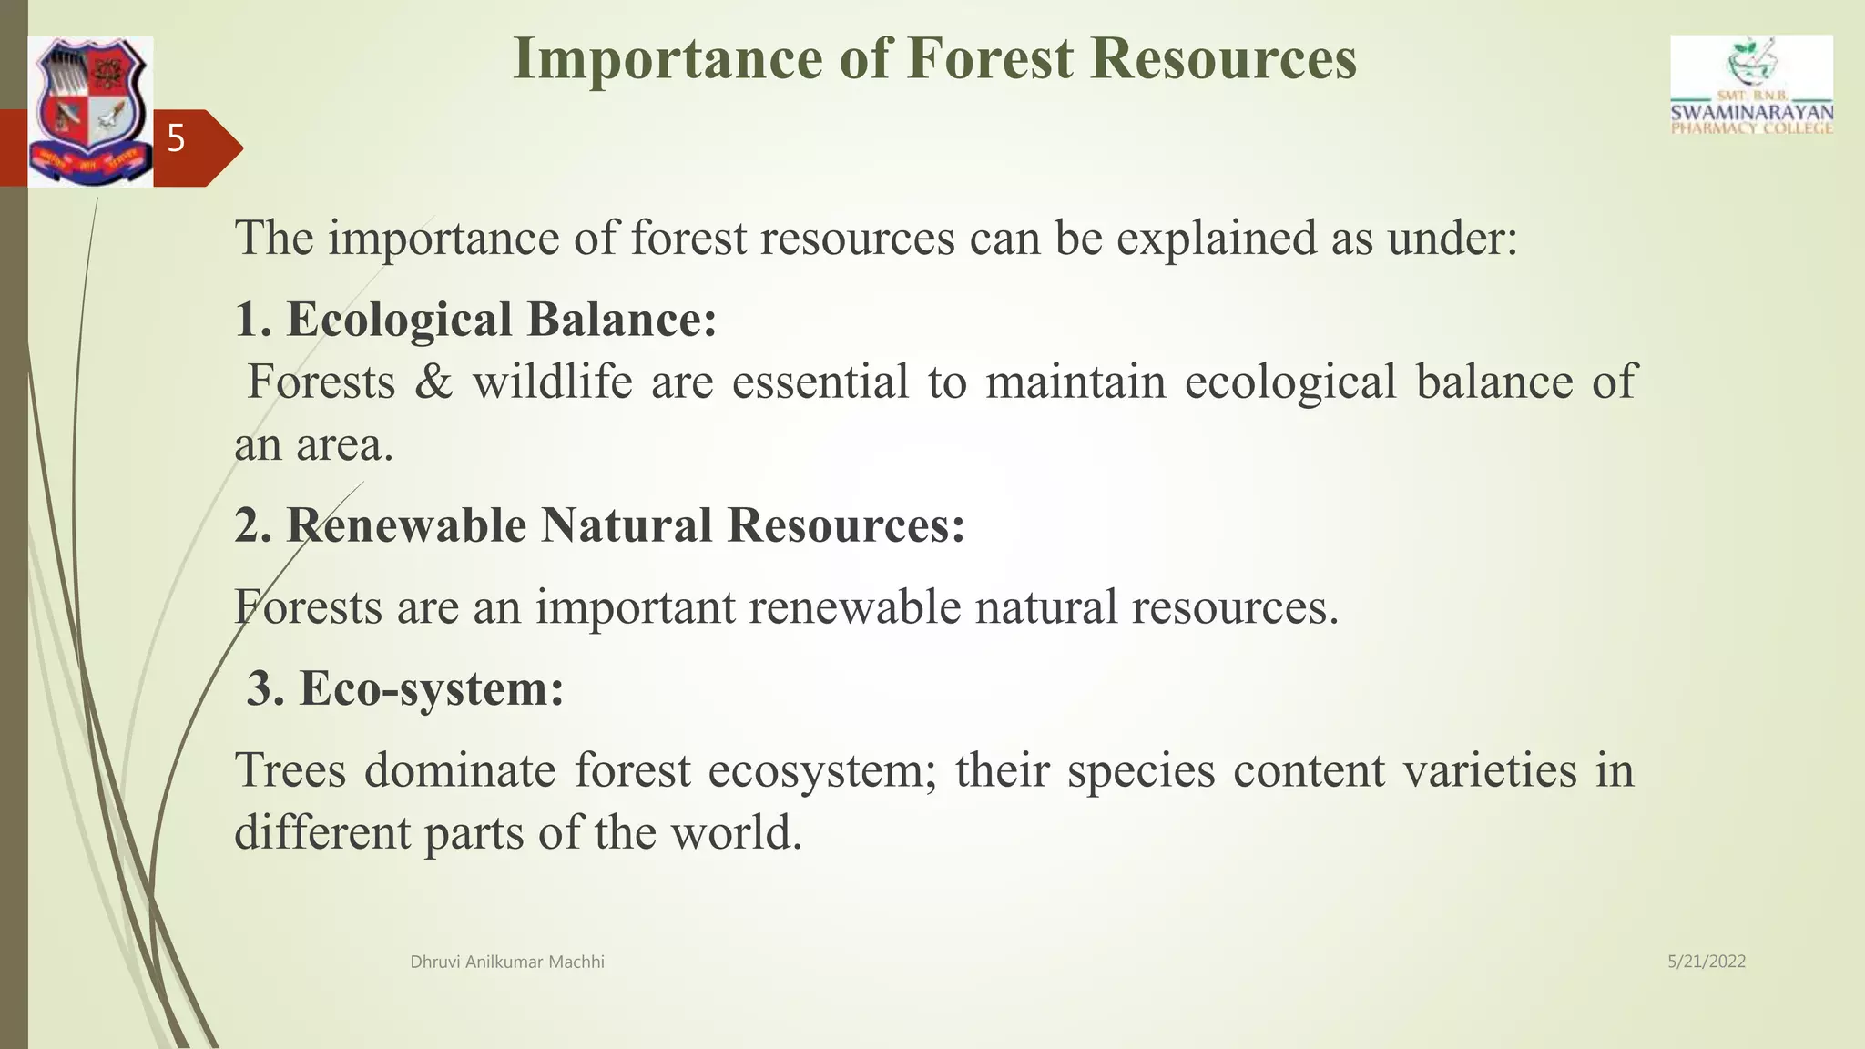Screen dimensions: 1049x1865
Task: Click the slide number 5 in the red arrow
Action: (x=176, y=140)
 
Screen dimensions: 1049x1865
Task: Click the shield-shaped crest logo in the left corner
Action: (x=89, y=111)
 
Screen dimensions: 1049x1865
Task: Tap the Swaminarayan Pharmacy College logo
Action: (x=1751, y=87)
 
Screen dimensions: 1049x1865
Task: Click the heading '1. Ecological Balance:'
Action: (x=475, y=320)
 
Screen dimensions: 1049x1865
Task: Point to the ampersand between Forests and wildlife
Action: (x=433, y=382)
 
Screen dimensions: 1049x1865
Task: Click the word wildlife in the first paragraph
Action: (x=552, y=382)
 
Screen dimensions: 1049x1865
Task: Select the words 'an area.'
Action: (x=313, y=445)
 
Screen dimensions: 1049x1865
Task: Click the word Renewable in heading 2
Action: (x=407, y=525)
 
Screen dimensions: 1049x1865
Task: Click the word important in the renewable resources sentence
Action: (x=635, y=607)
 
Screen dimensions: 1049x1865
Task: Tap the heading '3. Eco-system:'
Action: (x=405, y=688)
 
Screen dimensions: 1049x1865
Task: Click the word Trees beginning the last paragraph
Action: (x=290, y=770)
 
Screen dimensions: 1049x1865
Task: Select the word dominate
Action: (x=459, y=770)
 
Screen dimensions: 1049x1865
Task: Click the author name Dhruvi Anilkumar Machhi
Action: (x=507, y=962)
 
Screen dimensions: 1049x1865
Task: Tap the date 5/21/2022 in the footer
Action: (x=1706, y=962)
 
